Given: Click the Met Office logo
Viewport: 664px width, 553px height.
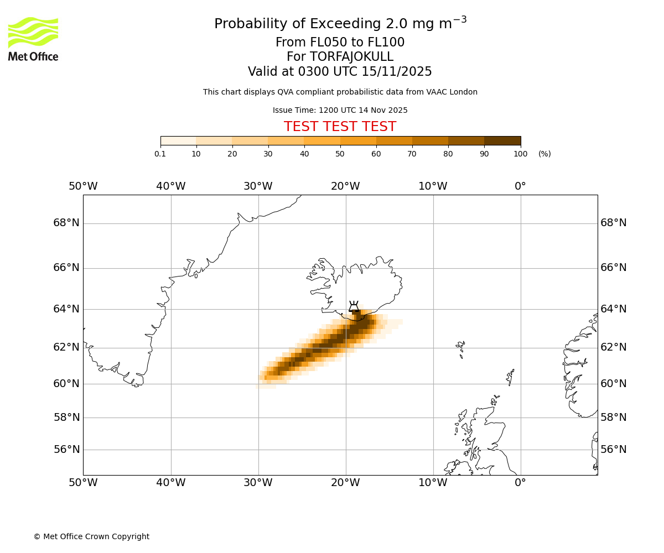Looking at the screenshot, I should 33,39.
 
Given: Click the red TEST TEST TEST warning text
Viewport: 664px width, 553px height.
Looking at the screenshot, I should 340,127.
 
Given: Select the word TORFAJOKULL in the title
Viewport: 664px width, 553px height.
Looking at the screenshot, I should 351,57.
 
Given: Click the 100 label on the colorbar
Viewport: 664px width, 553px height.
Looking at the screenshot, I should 520,154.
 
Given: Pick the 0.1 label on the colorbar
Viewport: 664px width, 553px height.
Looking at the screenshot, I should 160,154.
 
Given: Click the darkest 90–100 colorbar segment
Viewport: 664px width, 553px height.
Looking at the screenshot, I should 502,140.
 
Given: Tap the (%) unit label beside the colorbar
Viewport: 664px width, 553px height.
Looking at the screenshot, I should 544,154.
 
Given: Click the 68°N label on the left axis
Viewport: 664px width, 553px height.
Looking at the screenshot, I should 66,223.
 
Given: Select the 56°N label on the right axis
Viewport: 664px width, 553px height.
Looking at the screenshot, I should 614,450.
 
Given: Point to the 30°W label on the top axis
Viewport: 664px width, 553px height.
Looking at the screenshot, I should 258,186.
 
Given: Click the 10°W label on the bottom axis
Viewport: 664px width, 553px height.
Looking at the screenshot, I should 433,483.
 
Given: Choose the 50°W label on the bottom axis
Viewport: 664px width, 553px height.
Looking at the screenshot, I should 83,483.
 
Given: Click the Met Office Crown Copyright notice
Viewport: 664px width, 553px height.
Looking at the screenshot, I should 91,536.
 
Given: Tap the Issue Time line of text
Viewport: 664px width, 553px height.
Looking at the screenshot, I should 340,110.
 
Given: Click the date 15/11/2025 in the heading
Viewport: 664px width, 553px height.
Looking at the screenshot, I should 397,72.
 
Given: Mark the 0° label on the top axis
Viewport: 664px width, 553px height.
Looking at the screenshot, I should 520,186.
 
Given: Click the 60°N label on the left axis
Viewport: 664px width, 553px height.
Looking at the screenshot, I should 66,383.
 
